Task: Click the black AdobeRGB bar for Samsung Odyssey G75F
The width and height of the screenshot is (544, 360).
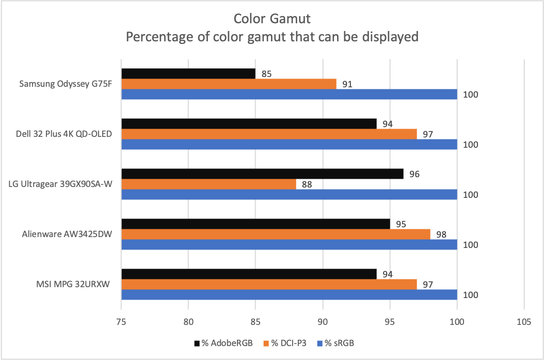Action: [x=188, y=74]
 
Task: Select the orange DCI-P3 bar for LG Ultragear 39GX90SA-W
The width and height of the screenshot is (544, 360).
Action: [x=209, y=184]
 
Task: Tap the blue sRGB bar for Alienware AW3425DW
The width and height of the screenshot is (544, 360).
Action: [x=289, y=244]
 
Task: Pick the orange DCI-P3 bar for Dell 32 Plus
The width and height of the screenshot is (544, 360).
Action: [x=269, y=134]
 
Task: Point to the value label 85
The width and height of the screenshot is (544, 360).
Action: [x=267, y=74]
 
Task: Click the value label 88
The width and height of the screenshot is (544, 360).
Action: [x=307, y=184]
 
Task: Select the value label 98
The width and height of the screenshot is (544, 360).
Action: [x=441, y=234]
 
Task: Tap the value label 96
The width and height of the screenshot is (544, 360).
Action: [x=414, y=174]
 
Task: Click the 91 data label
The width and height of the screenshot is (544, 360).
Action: [x=347, y=84]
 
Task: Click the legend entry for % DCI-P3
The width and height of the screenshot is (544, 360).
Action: [x=284, y=343]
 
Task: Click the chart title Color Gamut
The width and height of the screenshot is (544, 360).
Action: [x=272, y=19]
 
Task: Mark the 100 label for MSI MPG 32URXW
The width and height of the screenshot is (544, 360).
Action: [x=471, y=295]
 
